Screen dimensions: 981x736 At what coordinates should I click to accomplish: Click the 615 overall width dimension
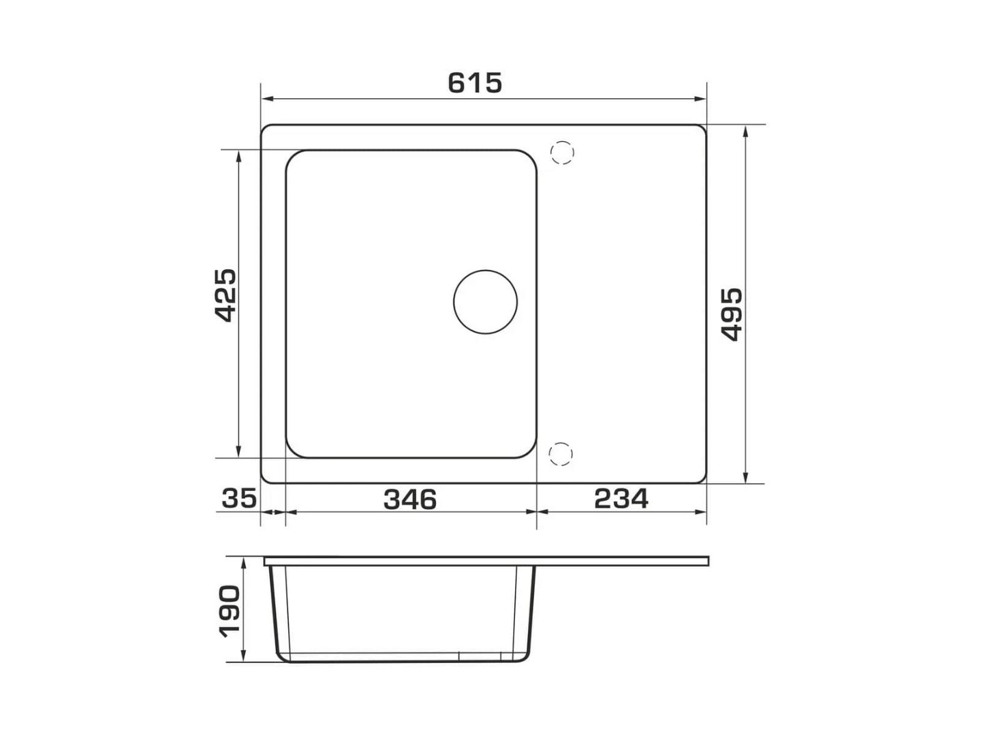coord(475,83)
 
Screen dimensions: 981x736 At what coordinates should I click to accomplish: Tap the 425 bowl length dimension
coord(225,295)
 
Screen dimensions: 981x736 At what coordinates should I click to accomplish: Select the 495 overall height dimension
coord(732,315)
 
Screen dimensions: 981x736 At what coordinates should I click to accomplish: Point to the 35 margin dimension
coord(239,498)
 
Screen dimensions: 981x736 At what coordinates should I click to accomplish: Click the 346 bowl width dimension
coord(410,500)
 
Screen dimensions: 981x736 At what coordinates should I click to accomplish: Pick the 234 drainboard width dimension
coord(621,499)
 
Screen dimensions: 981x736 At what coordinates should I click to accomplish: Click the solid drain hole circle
coord(485,302)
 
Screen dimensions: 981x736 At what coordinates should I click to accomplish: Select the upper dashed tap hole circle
coord(562,153)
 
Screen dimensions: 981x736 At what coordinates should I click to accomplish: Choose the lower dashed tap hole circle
coord(561,454)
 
